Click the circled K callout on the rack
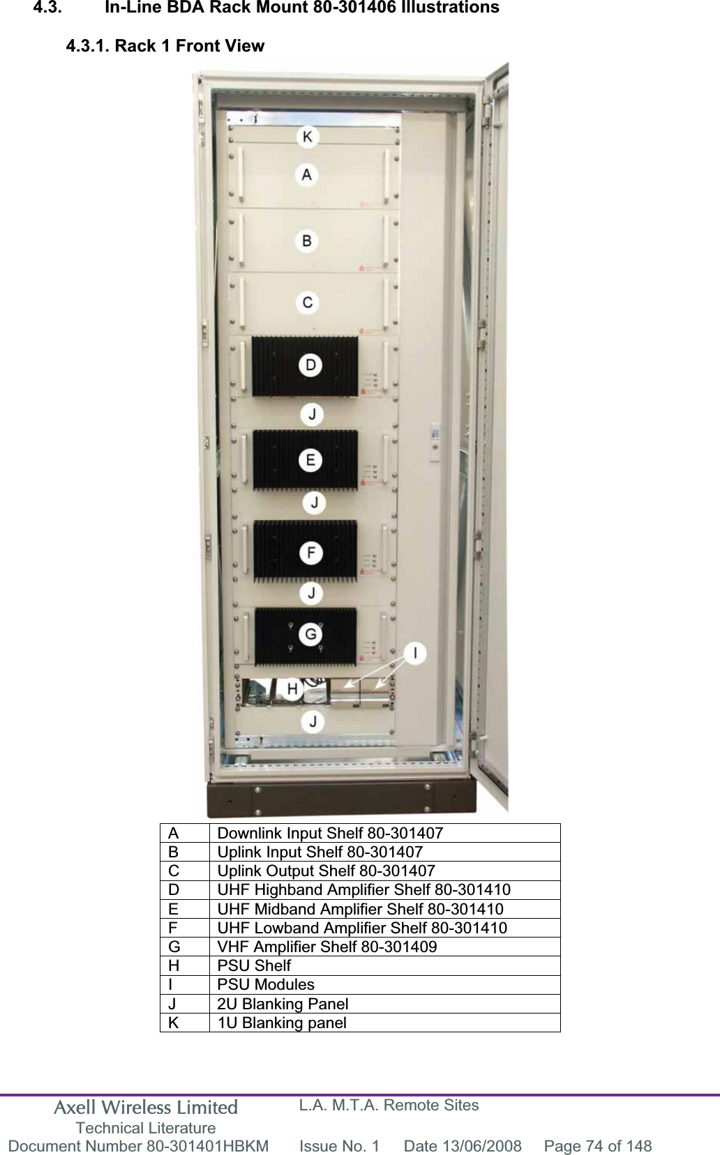(x=307, y=137)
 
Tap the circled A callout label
(x=307, y=174)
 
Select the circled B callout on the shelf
(x=307, y=241)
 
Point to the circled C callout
(x=308, y=303)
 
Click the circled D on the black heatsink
(x=310, y=365)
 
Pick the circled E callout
(x=310, y=460)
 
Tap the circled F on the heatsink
(x=311, y=553)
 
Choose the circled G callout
(x=310, y=634)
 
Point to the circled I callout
(x=416, y=653)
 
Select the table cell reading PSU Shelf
(x=255, y=966)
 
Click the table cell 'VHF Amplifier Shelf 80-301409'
(x=327, y=947)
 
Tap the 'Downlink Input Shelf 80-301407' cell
(x=330, y=833)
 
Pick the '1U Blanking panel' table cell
(x=282, y=1023)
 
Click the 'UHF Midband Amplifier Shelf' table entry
(x=360, y=909)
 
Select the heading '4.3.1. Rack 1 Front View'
(x=165, y=46)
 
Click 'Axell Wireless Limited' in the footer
(x=146, y=1108)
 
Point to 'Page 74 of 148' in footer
(x=598, y=1146)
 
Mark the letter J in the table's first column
(x=172, y=1004)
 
